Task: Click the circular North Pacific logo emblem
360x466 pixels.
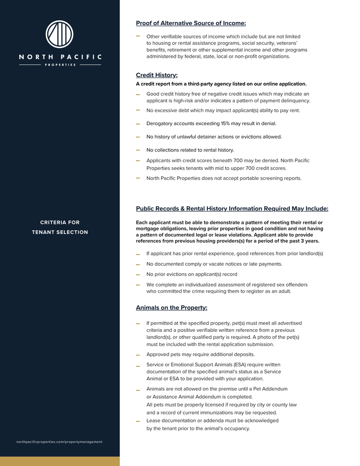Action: pos(60,34)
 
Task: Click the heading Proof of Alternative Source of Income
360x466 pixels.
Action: pos(191,23)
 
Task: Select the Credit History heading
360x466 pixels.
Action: pos(157,75)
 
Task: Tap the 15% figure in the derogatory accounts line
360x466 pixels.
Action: pos(225,123)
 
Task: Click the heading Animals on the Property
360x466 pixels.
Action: pos(171,308)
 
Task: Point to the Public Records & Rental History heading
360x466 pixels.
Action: pos(232,209)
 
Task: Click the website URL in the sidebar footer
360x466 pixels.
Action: pos(60,442)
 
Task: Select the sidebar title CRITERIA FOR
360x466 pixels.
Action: pos(60,223)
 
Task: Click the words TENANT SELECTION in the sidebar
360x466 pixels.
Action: pos(60,232)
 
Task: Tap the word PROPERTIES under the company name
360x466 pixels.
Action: pos(60,65)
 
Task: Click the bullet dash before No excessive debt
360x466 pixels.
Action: pos(138,110)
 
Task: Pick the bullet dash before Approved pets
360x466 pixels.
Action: pos(138,355)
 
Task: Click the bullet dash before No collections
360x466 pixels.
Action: pos(138,150)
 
